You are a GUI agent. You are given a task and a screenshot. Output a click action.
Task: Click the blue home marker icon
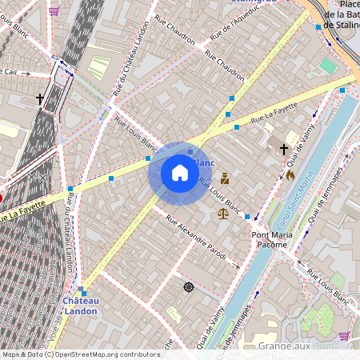[x=180, y=173]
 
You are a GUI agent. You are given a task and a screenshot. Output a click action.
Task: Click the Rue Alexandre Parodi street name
[x=202, y=240]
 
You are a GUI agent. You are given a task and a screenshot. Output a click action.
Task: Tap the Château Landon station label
[x=81, y=305]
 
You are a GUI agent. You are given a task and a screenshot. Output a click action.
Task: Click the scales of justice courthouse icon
[x=222, y=213]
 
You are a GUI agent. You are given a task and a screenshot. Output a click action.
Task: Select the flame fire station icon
[x=290, y=174]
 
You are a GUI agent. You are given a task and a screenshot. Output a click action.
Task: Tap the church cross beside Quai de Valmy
[x=283, y=149]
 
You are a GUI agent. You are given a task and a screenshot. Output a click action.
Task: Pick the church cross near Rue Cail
[x=40, y=99]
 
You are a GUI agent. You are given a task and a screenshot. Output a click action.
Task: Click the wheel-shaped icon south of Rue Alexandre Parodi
[x=189, y=286]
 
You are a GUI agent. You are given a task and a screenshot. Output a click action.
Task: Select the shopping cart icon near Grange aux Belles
[x=344, y=336]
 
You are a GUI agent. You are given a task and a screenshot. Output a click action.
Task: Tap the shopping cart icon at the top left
[x=54, y=11]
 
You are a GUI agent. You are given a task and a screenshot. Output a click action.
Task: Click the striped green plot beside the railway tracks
[x=98, y=67]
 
